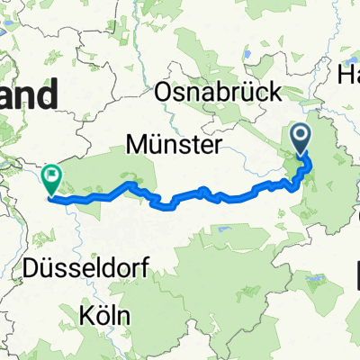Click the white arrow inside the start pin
click(x=302, y=136)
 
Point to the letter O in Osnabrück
click(x=165, y=92)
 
